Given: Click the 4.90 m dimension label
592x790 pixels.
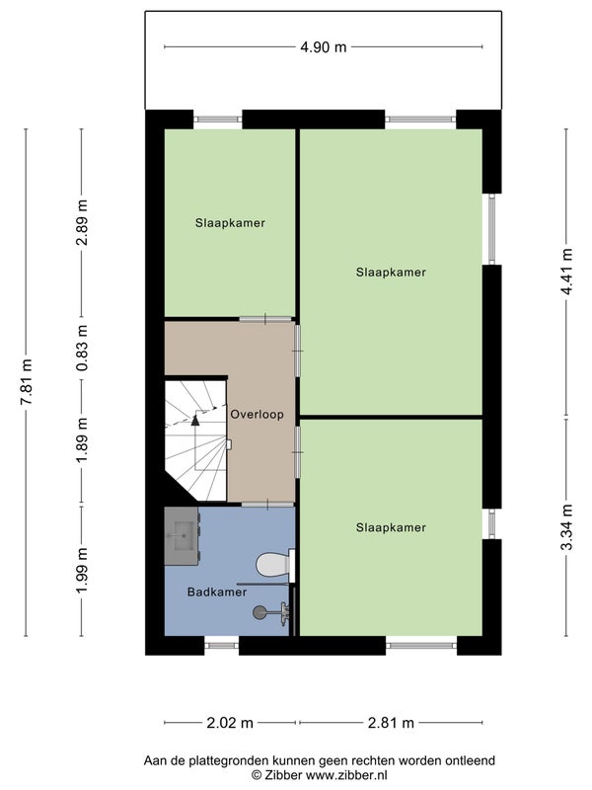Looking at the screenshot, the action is click(324, 47).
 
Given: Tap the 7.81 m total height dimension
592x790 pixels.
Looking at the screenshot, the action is click(27, 382).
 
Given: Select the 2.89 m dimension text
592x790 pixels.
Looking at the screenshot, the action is click(82, 222).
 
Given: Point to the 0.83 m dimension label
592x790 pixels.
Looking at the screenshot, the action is click(82, 348).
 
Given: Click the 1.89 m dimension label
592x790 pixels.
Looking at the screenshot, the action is click(82, 440).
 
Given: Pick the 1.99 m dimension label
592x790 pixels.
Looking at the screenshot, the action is click(82, 571).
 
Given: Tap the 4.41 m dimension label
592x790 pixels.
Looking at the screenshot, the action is click(567, 273).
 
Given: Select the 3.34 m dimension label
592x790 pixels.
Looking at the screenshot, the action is click(567, 527).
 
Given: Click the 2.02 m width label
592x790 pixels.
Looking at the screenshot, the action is click(230, 723).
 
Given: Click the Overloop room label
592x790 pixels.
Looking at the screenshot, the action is click(257, 415).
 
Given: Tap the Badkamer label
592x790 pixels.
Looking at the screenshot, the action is click(217, 592).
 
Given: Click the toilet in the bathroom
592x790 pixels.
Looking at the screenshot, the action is click(275, 564).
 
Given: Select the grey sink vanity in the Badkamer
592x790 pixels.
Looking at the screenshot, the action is click(183, 536).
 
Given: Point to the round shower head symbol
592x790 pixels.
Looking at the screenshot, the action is click(259, 612).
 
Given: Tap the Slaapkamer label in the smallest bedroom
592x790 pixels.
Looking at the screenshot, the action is click(230, 223).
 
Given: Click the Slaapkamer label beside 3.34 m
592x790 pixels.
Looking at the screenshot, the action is click(391, 527).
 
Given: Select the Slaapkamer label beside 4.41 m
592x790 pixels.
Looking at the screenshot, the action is click(391, 273).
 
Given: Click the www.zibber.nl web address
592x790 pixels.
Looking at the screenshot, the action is click(346, 775).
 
